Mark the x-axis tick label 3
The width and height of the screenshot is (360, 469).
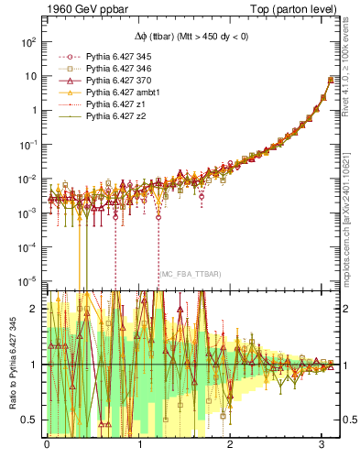coord(322,444)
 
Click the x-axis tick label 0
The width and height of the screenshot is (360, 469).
coord(47,444)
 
